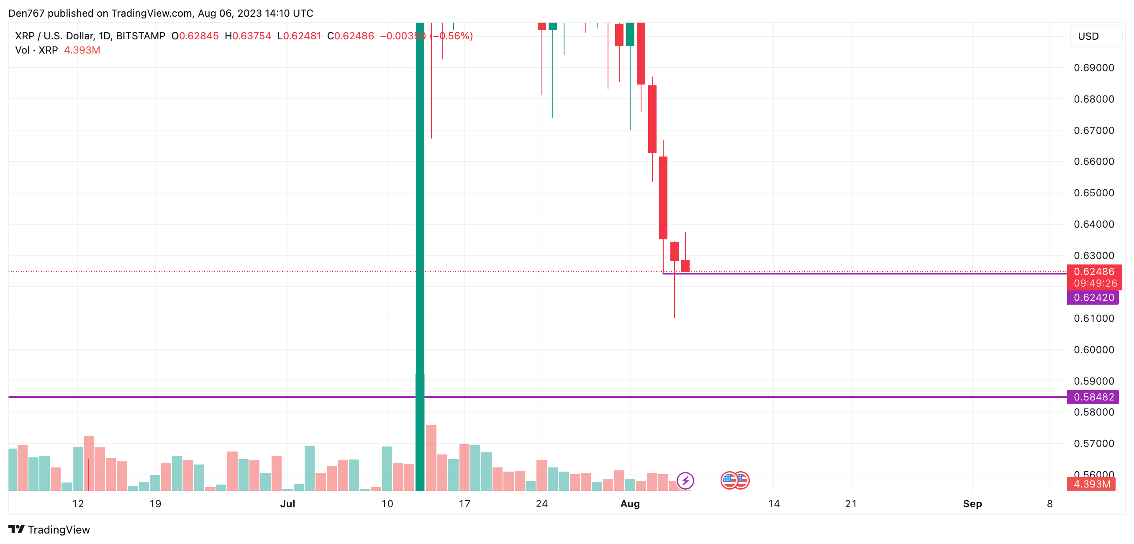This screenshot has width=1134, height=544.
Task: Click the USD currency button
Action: [1095, 36]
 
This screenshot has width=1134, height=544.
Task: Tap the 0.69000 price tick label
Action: [1093, 68]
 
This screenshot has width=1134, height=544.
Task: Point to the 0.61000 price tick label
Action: [1093, 318]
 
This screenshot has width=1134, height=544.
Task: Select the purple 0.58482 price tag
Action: [1093, 397]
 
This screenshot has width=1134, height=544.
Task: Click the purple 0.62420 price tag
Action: [1093, 298]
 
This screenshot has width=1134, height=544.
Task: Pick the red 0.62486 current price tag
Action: [1094, 272]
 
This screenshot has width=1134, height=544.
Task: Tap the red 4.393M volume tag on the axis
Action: [1091, 484]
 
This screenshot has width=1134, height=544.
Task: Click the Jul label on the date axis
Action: [287, 503]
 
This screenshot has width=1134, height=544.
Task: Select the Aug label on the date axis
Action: [629, 503]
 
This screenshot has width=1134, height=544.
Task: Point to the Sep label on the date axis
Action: [972, 503]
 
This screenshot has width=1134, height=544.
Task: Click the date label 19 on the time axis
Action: [155, 503]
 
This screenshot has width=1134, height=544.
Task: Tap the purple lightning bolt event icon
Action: [685, 481]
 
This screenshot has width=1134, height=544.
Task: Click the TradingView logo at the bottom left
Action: [49, 529]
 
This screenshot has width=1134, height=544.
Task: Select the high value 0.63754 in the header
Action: [251, 36]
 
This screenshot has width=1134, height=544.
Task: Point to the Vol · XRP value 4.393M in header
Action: [82, 50]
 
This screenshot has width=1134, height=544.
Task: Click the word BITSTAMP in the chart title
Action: [141, 36]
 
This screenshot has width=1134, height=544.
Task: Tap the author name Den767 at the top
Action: [26, 13]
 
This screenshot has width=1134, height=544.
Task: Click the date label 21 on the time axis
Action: [851, 503]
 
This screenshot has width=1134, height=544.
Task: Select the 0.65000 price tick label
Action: [1093, 193]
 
